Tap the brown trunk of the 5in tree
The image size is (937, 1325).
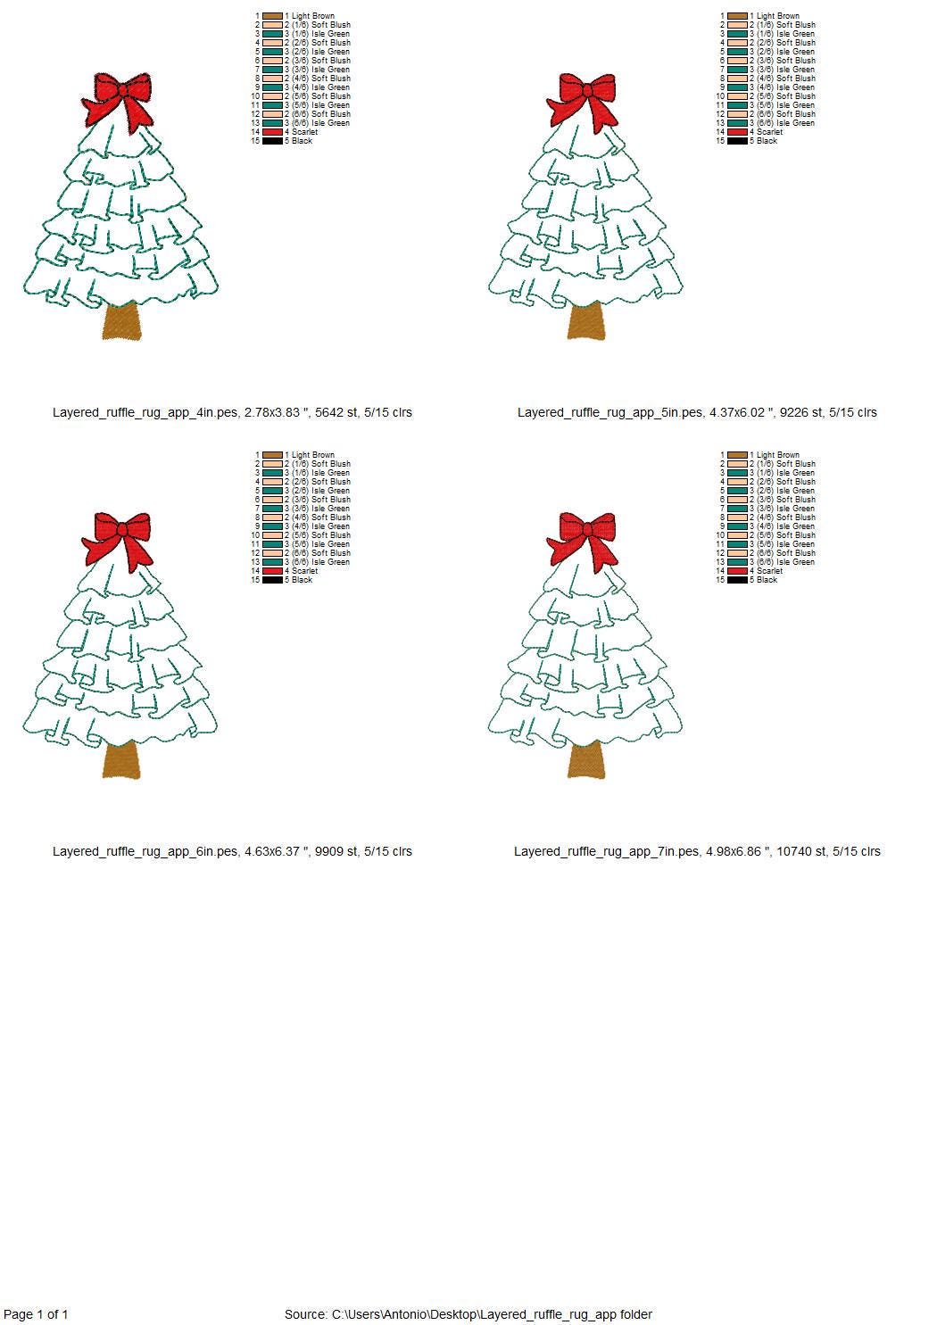pos(586,322)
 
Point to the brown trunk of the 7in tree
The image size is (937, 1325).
pos(586,761)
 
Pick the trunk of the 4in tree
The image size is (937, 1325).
pos(121,322)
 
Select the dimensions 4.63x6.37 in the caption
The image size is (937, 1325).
pos(276,851)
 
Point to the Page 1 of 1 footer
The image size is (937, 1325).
pos(37,1313)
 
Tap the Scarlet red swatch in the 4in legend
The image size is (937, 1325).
pos(272,132)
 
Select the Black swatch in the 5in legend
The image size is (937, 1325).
pos(737,141)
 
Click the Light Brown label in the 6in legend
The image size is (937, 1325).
pos(312,455)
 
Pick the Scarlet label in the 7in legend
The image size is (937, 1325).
pos(769,571)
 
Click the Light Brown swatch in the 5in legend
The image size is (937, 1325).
pos(737,16)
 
